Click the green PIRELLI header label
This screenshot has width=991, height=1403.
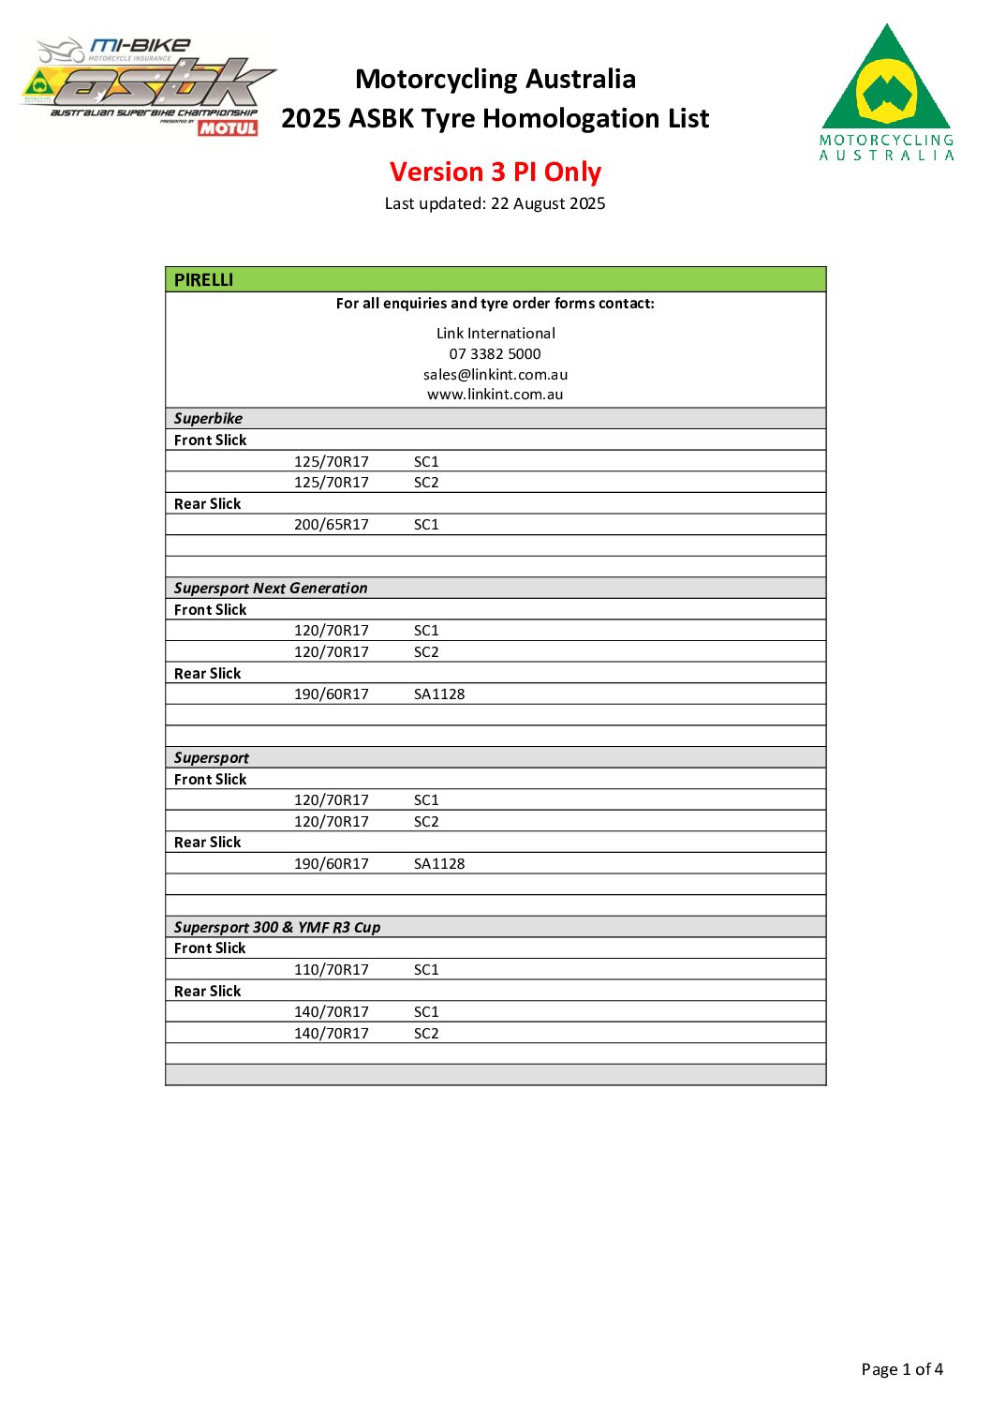(x=203, y=279)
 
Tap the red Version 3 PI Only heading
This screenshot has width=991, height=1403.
(x=495, y=172)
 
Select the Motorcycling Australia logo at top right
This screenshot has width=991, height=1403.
(x=886, y=93)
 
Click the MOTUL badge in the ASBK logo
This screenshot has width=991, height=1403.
(x=228, y=127)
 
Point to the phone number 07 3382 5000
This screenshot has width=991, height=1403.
(x=495, y=353)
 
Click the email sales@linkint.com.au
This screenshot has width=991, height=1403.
(x=495, y=374)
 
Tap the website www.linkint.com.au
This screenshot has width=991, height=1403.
(x=495, y=394)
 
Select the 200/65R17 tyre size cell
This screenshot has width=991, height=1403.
(x=331, y=524)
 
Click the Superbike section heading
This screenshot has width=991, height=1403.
(x=208, y=418)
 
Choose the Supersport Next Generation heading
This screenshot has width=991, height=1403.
(x=271, y=588)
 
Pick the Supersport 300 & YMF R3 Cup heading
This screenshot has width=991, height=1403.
(x=277, y=927)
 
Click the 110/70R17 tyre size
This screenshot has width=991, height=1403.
(x=331, y=969)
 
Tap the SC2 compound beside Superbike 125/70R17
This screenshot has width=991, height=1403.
(x=426, y=482)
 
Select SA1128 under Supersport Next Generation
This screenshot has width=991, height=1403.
(x=439, y=694)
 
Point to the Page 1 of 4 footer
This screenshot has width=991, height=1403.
(x=901, y=1369)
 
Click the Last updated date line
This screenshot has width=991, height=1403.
(x=495, y=203)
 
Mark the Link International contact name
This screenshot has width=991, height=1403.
(x=495, y=333)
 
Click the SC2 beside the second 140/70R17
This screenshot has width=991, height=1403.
(x=426, y=1033)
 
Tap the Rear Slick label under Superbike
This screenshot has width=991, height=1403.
(x=207, y=503)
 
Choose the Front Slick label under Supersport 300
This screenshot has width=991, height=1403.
(x=210, y=948)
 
